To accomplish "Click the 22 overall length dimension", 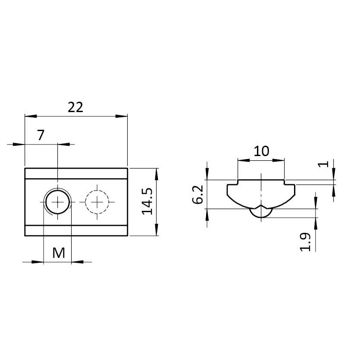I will pos(76,107).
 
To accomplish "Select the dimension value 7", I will pos(41,135).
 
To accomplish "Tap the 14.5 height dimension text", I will pos(147,201).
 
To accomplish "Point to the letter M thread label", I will pos(59,253).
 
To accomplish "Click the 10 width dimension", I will pos(261,151).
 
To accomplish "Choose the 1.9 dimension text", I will pos(305,241).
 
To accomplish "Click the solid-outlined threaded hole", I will pos(57,201).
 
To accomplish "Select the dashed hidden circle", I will pos(97,201).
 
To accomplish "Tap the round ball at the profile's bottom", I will pos(261,213).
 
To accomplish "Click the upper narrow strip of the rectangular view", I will pos(76,173).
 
